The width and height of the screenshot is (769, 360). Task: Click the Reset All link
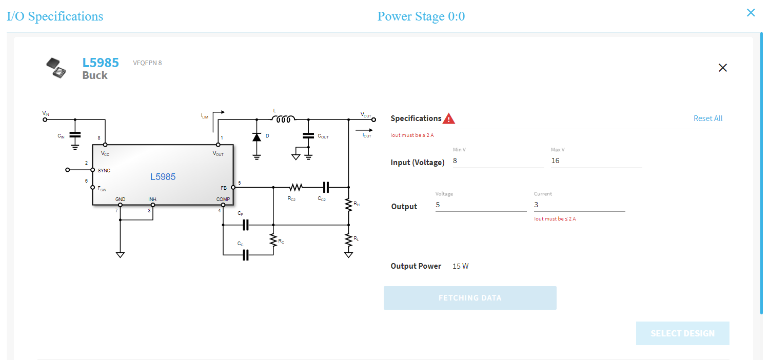pos(707,118)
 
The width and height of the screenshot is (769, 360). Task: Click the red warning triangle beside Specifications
pos(449,118)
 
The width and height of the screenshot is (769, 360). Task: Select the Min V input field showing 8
pos(498,161)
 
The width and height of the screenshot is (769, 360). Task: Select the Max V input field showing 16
pos(596,161)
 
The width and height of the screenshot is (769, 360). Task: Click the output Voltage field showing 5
pos(480,205)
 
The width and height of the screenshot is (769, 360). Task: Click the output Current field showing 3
pos(579,205)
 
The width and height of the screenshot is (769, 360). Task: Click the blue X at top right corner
pos(751,13)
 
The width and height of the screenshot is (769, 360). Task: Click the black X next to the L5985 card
pos(722,68)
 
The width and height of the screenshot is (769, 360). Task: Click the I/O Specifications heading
pos(55,16)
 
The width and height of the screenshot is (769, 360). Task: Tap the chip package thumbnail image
pos(56,68)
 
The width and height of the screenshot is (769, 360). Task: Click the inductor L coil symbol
pos(283,119)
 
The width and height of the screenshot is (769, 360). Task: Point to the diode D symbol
pos(257,137)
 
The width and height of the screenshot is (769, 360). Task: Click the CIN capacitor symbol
pos(75,136)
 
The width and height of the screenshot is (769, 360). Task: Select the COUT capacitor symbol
pos(308,136)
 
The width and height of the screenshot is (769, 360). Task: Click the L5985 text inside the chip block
pos(163,177)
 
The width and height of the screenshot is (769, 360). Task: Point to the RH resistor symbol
pos(348,204)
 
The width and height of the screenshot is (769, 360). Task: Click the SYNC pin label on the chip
pos(104,170)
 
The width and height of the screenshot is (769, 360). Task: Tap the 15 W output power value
pos(460,266)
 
